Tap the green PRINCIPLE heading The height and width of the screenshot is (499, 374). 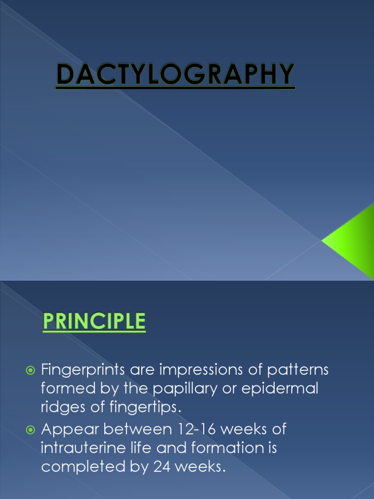pos(94,322)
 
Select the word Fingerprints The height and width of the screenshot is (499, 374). pos(83,370)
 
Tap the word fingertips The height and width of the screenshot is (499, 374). pos(147,407)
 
